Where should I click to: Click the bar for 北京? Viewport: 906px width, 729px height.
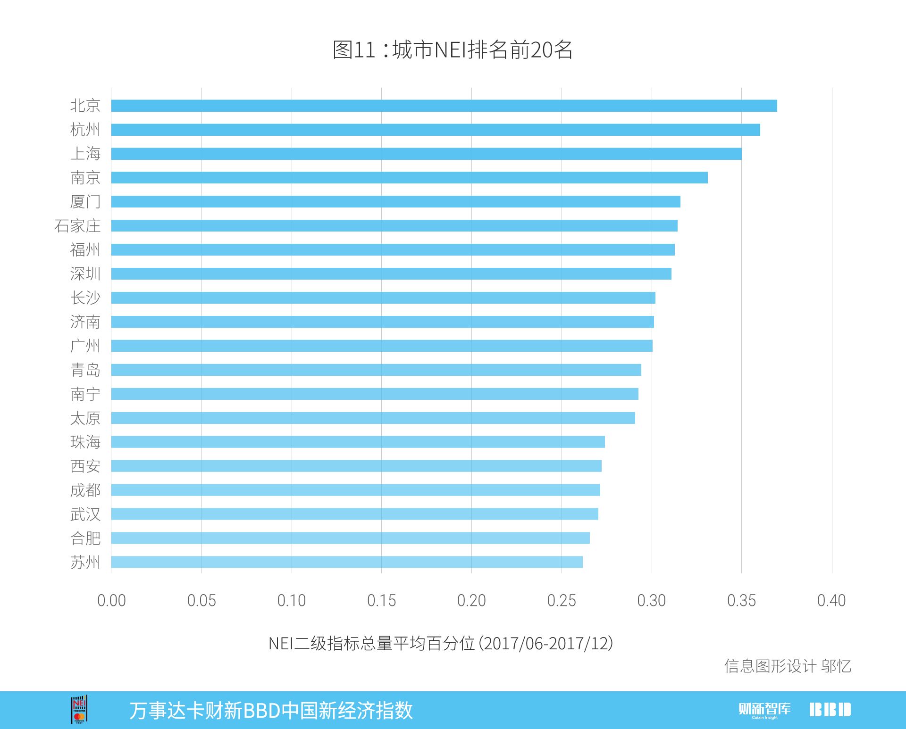444,106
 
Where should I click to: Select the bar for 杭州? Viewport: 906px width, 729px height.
435,130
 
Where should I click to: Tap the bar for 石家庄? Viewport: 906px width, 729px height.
394,225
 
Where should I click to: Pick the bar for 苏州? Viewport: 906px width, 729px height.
347,562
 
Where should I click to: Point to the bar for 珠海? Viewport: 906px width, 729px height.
358,442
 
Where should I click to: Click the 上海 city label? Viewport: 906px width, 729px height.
85,154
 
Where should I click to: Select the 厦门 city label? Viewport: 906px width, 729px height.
85,202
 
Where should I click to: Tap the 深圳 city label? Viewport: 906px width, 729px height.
85,273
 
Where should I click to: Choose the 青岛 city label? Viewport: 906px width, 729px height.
85,370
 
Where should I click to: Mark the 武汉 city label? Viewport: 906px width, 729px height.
85,514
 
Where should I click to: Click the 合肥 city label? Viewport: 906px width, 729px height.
85,538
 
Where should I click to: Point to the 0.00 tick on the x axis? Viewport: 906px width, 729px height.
111,601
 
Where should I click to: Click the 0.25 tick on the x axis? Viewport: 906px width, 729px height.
562,601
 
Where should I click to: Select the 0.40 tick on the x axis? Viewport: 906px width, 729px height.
831,601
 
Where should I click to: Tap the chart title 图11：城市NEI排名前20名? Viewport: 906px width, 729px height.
453,50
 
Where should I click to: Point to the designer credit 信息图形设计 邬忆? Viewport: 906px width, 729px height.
788,666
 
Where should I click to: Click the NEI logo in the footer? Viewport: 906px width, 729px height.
79,709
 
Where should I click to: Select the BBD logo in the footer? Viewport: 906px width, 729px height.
830,710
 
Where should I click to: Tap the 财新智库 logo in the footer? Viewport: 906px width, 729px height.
764,710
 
